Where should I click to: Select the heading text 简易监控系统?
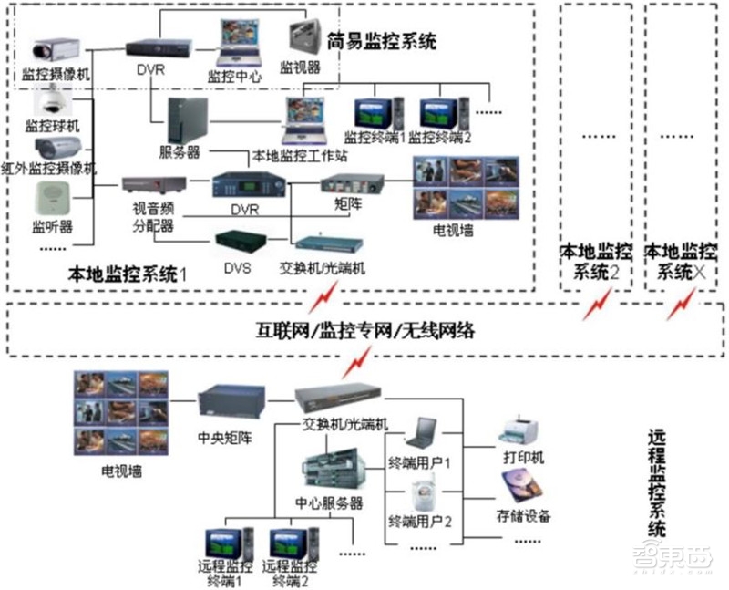pos(381,41)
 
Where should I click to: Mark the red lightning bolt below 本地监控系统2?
pos(598,303)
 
